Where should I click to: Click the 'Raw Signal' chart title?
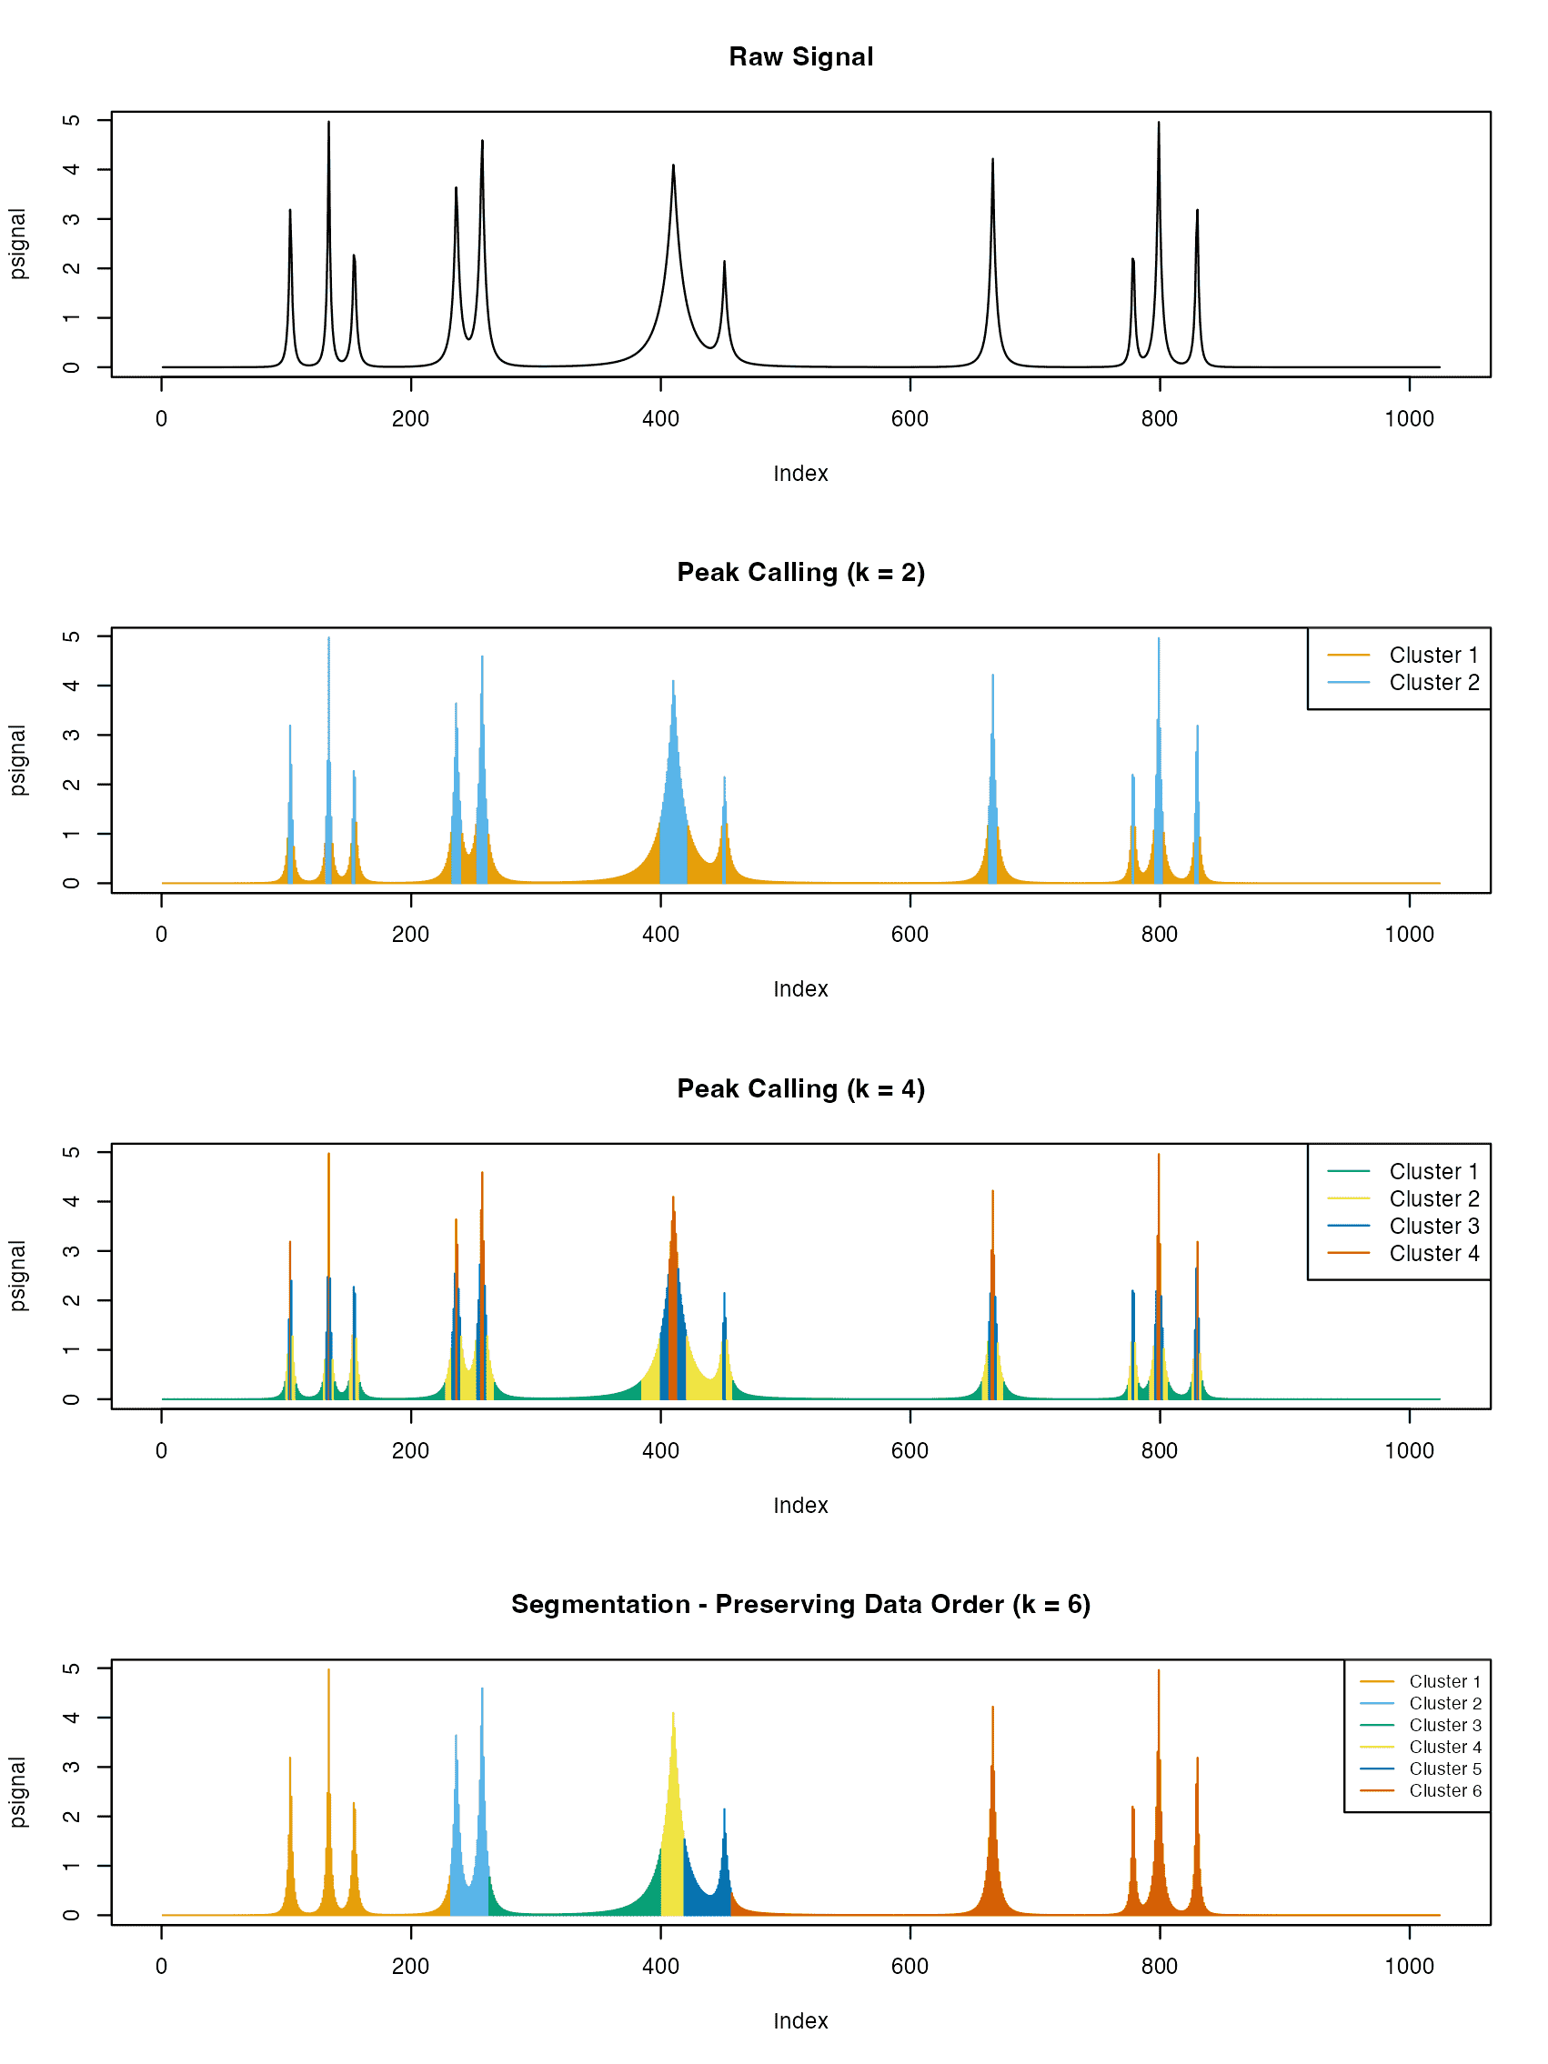(800, 57)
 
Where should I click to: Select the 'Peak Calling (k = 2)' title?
(800, 573)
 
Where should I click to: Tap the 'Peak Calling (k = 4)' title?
(800, 1089)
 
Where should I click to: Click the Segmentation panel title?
(800, 1605)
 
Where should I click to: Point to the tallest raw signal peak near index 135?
(328, 124)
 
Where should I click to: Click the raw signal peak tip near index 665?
(992, 162)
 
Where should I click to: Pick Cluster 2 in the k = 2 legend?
(1433, 683)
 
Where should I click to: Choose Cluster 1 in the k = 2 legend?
(1433, 655)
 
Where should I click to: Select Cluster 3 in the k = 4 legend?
(1433, 1226)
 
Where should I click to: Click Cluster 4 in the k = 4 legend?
(1433, 1253)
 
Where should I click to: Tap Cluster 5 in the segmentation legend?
(1444, 1769)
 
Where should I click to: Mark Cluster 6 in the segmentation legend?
(1444, 1790)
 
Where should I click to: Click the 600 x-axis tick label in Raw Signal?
(910, 419)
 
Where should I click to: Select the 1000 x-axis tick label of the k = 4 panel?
(1409, 1451)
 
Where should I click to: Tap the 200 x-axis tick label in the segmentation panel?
(410, 1967)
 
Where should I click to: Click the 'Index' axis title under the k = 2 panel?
(800, 989)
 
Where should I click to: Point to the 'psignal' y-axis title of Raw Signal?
(17, 245)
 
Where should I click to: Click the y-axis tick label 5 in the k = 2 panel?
(71, 637)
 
